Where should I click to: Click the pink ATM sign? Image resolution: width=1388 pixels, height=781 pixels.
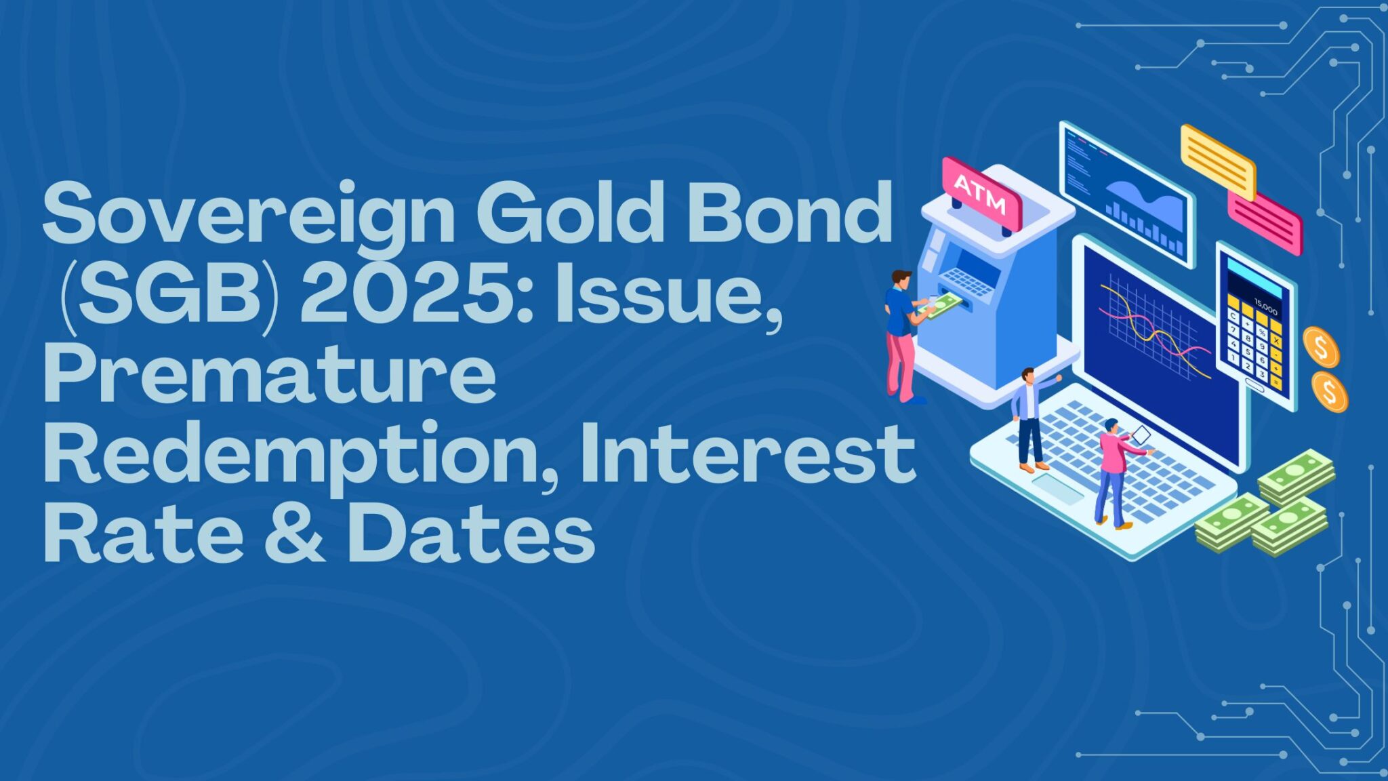coord(981,193)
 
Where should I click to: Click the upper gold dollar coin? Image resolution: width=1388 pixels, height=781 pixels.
coord(1320,347)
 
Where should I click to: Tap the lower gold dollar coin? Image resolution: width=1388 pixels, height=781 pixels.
coord(1329,392)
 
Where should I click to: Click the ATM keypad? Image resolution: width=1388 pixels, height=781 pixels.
coord(968,281)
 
